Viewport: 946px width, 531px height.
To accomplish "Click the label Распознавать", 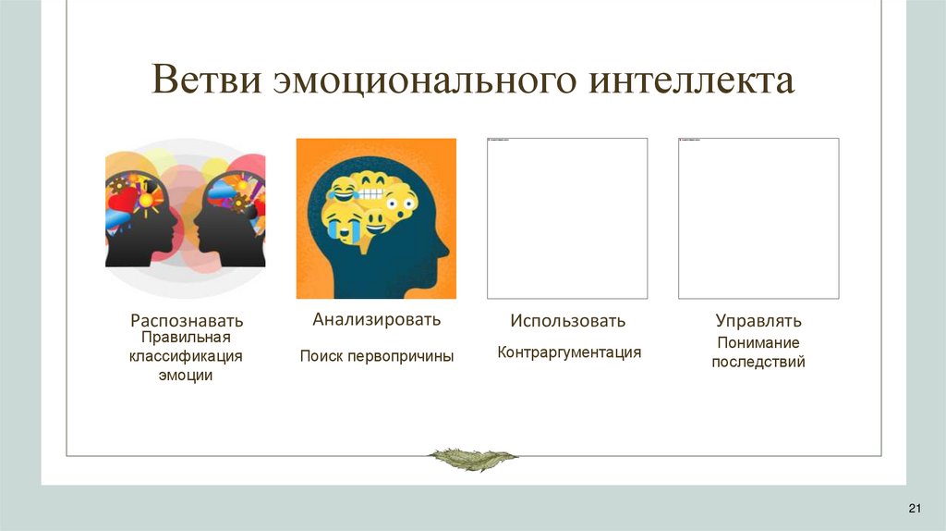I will pos(187,321).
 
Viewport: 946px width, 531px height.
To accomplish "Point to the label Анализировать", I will pos(376,320).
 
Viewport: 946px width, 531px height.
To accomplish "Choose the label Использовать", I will pos(567,321).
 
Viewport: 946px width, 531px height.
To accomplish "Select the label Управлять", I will pos(758,321).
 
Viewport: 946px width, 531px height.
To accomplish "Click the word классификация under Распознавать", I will pos(186,356).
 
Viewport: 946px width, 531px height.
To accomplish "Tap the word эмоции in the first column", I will pos(186,376).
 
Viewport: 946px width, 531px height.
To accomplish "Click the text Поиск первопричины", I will pos(376,356).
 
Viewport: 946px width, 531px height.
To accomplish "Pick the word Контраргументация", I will pos(568,352).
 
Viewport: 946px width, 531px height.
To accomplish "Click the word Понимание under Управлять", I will pos(758,343).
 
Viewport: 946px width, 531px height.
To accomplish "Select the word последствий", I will pos(758,363).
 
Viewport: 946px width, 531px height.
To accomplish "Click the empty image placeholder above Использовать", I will pos(567,218).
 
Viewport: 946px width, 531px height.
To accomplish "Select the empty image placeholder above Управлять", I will pos(758,218).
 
